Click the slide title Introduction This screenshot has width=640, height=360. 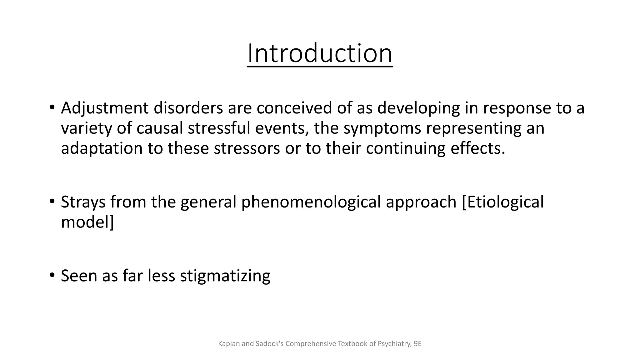[320, 54]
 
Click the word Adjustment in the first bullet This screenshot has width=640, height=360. [104, 108]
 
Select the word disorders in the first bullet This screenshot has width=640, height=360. [188, 108]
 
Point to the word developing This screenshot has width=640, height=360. [418, 108]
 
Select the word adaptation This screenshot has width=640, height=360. [102, 148]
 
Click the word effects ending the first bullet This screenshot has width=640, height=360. [477, 148]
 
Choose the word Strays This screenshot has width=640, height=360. [83, 202]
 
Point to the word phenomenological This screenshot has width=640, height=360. [311, 202]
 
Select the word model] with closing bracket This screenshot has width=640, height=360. [87, 222]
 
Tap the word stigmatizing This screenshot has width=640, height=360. [225, 276]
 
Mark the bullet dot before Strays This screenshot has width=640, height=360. [52, 201]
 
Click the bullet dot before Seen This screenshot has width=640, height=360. [52, 275]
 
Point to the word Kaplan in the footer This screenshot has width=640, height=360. [229, 344]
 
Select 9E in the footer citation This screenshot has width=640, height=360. [417, 344]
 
